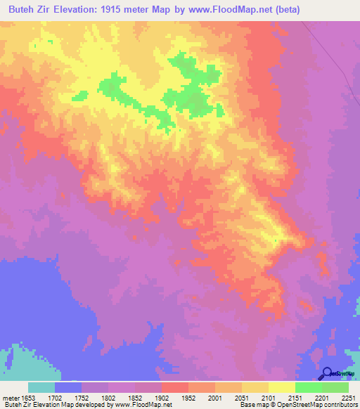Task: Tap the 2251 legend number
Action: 349,396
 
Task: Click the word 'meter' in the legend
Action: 12,396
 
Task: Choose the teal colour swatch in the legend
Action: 41,387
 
